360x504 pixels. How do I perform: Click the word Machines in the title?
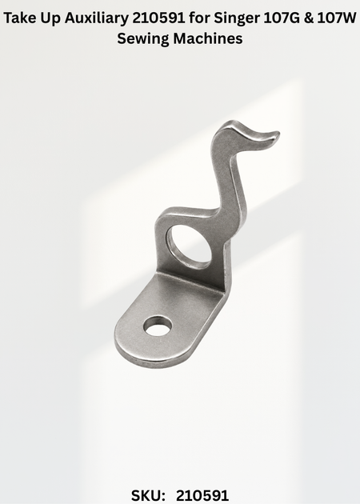click(x=208, y=38)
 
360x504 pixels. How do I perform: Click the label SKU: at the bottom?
click(x=148, y=495)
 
